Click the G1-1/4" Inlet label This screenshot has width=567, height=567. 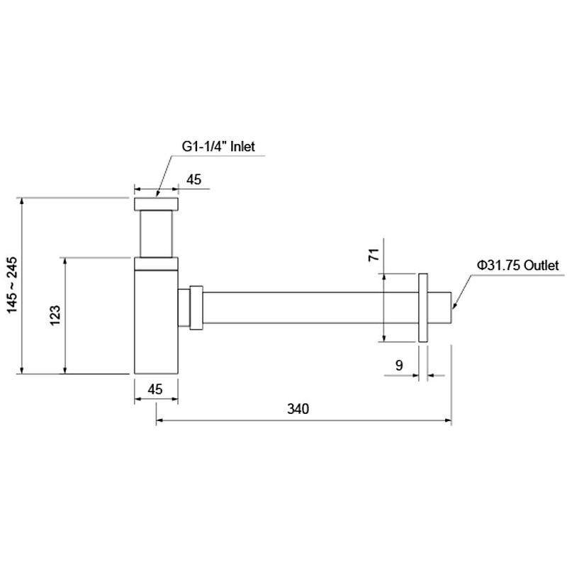click(218, 147)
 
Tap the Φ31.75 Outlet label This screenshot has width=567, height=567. click(518, 265)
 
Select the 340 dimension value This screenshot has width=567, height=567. click(298, 409)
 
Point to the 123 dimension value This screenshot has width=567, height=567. click(55, 315)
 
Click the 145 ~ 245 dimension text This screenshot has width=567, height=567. click(12, 286)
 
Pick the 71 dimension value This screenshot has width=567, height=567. click(374, 254)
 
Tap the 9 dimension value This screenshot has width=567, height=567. click(399, 365)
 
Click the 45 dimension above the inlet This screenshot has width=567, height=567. click(193, 179)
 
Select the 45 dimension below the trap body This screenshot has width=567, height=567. click(155, 389)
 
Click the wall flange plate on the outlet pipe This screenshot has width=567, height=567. click(422, 308)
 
